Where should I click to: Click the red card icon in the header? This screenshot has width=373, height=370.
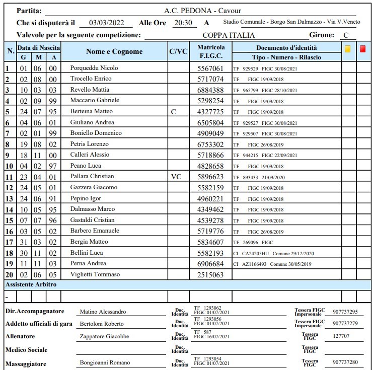coord(363,49)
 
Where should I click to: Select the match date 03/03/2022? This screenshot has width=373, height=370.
coord(106,23)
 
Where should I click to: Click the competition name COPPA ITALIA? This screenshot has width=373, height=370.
coord(229,35)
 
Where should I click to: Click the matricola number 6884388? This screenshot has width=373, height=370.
coord(210,90)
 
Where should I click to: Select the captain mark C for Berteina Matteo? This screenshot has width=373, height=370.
coord(174,111)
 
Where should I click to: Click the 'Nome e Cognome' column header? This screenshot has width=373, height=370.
coord(114,51)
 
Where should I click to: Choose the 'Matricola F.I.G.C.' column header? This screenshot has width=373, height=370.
coord(210,51)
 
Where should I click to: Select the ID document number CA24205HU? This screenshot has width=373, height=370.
coord(255,253)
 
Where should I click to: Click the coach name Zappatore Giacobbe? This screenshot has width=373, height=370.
coord(104,336)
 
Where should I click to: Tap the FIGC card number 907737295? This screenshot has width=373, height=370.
coord(345,312)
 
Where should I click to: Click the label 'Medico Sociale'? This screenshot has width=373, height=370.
coord(26,349)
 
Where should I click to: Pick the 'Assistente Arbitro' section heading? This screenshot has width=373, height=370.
coord(31,284)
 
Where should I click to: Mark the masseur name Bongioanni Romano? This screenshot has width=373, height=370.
coord(105,362)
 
